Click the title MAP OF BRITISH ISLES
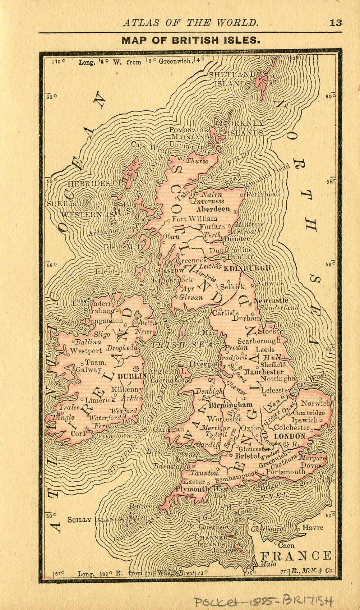(x=191, y=40)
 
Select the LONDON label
(x=289, y=436)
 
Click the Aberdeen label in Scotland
(x=213, y=209)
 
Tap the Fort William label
(x=194, y=219)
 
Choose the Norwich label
(x=315, y=404)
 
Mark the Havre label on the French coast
(x=313, y=528)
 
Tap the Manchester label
(x=264, y=372)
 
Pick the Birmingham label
(x=230, y=405)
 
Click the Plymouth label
(x=192, y=489)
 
